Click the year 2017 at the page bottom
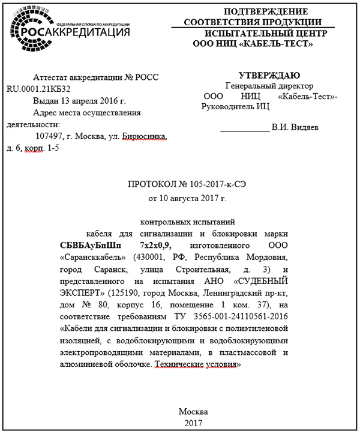[x=194, y=423]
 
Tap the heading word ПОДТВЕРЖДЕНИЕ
[x=265, y=12]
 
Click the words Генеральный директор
[x=262, y=86]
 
